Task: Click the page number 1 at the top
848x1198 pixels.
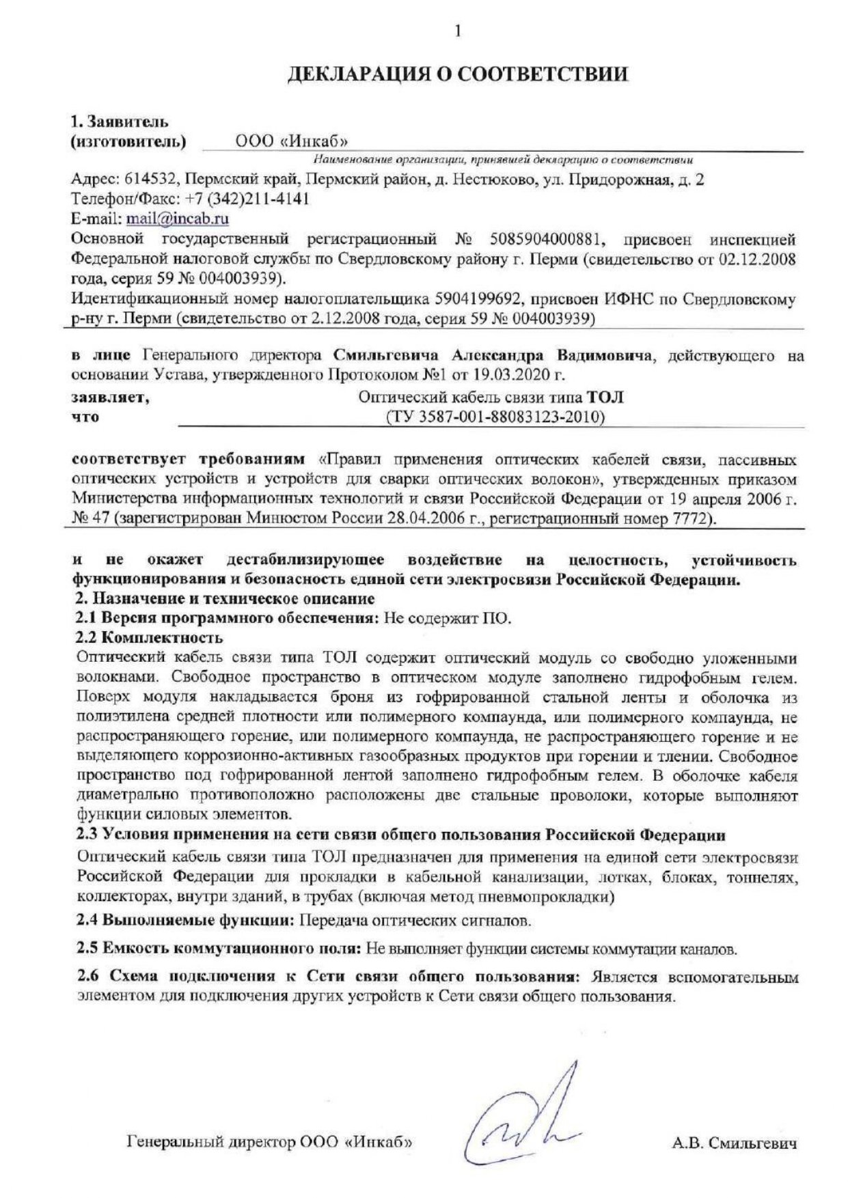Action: tap(457, 31)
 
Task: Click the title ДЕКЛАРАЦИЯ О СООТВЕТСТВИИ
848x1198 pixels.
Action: tap(457, 74)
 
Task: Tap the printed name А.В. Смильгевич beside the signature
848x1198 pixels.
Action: tap(734, 1143)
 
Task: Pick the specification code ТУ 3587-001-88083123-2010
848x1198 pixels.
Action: tap(495, 417)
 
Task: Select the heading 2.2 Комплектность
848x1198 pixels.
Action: tap(149, 638)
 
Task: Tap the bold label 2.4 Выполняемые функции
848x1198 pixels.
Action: tap(185, 920)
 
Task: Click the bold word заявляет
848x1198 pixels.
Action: tap(110, 397)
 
